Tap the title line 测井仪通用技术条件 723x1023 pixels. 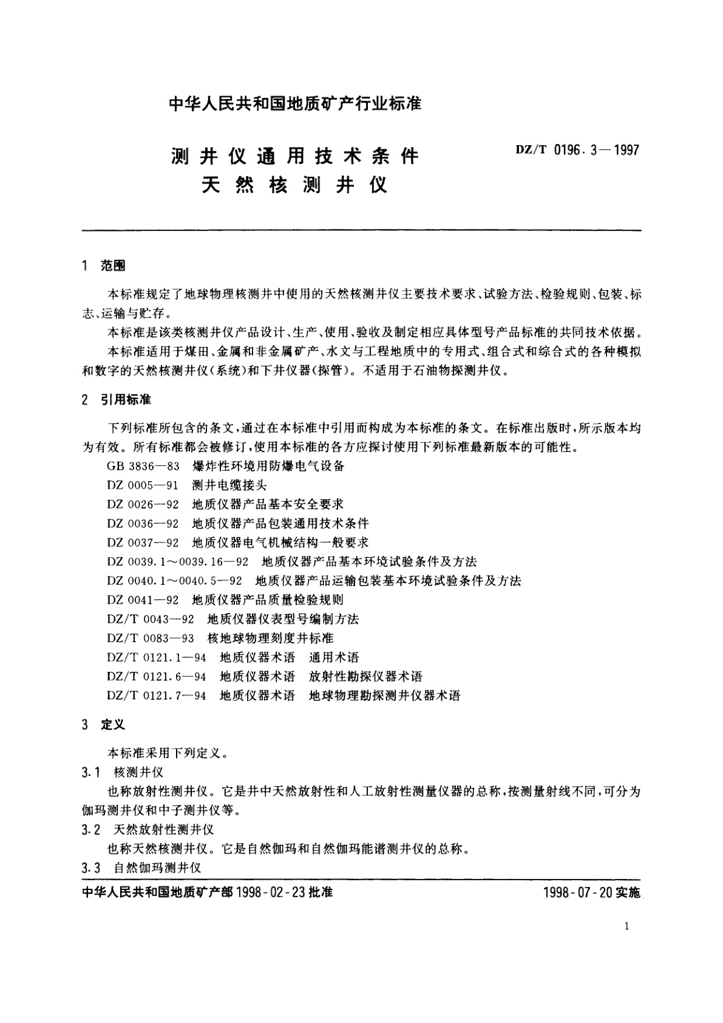coord(295,157)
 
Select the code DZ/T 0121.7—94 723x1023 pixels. coord(157,696)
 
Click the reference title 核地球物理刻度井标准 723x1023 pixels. coord(271,638)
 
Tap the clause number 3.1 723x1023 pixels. coord(90,773)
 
